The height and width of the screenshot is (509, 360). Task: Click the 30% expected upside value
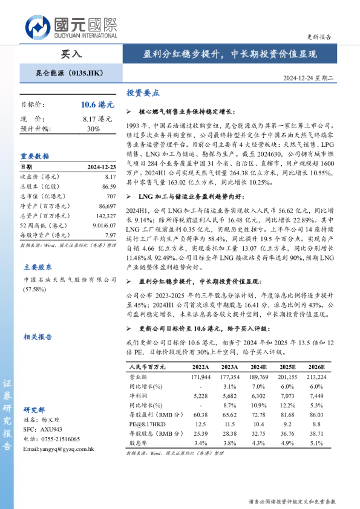coord(93,129)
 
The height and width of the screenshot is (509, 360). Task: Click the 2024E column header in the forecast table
coord(258,367)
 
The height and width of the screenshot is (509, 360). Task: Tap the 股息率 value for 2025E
coord(287,443)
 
